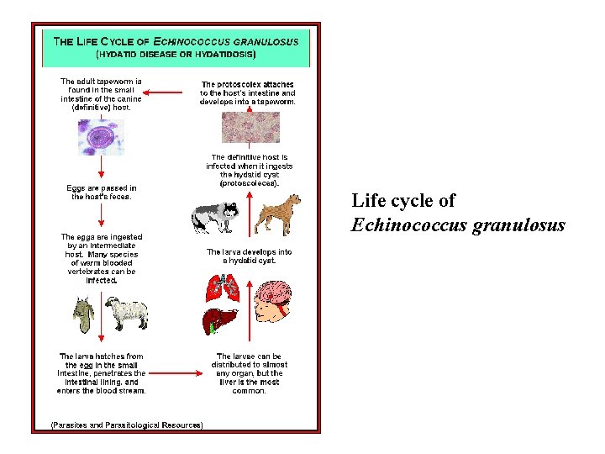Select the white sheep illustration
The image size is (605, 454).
coord(128,314)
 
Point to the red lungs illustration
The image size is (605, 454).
coord(223,288)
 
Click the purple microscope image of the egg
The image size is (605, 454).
coord(101,137)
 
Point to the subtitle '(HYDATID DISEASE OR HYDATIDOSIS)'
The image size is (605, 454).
coord(176,54)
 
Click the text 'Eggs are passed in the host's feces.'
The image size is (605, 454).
coord(102,193)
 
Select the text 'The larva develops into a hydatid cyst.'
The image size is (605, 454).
coord(250,256)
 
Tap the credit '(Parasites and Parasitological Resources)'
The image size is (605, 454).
coord(127,425)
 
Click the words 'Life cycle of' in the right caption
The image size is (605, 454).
coord(403,201)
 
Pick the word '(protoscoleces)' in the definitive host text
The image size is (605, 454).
coord(250,182)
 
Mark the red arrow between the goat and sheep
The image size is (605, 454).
coord(102,315)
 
